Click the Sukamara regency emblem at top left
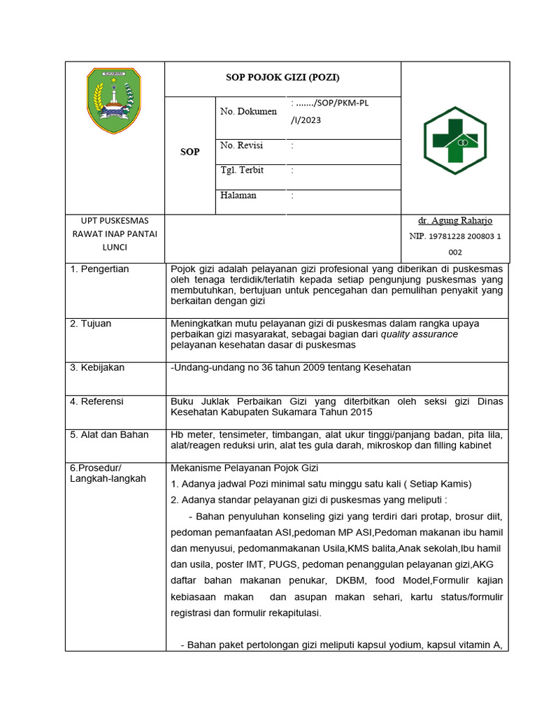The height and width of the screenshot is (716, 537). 114,101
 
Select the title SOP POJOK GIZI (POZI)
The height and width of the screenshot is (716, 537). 282,78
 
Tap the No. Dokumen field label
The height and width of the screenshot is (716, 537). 248,111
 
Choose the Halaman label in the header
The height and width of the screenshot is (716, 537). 238,195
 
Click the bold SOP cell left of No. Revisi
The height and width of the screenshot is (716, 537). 189,152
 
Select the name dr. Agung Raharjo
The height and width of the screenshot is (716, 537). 454,221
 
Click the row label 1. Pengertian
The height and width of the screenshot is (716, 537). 99,269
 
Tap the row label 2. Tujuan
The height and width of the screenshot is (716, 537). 91,324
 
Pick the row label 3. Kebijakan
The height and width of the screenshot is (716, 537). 97,367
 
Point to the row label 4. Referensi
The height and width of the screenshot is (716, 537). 96,401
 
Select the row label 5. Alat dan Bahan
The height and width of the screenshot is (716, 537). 109,434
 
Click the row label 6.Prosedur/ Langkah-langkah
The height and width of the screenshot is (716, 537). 108,473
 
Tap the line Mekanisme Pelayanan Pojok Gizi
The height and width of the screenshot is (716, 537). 244,468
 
